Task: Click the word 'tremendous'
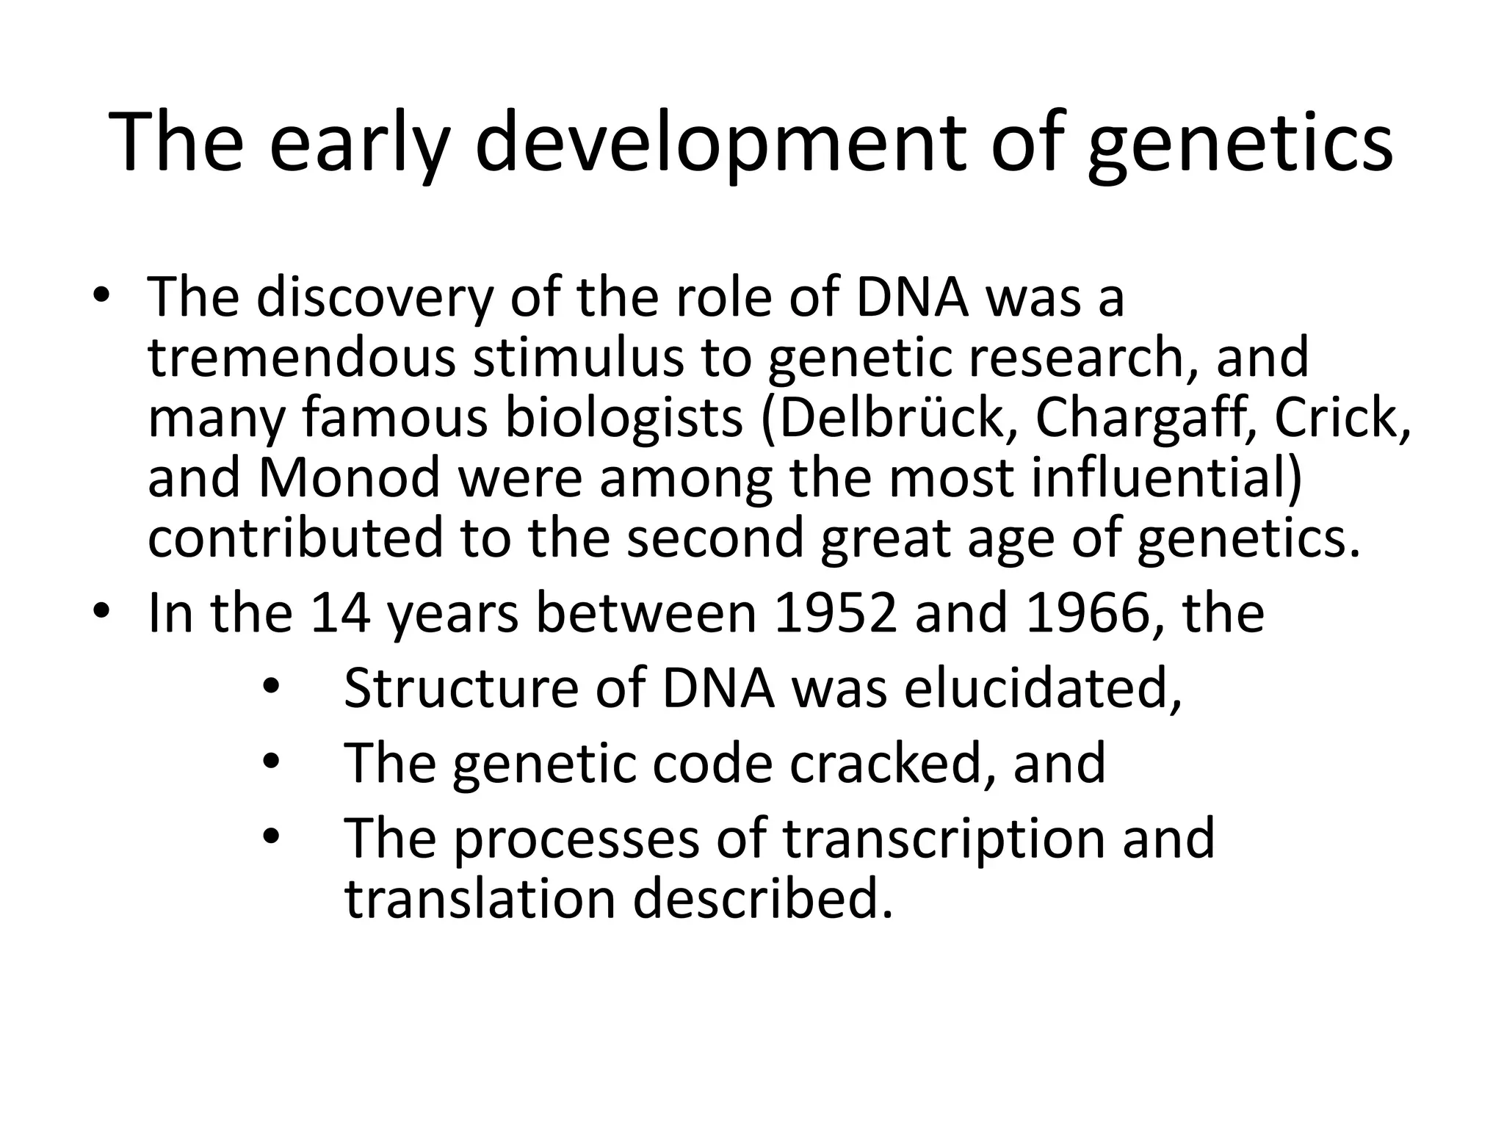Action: pos(302,358)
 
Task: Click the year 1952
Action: pos(836,613)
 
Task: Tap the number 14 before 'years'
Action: pos(340,613)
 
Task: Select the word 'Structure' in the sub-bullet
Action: pos(459,688)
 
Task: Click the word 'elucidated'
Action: pos(1043,688)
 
